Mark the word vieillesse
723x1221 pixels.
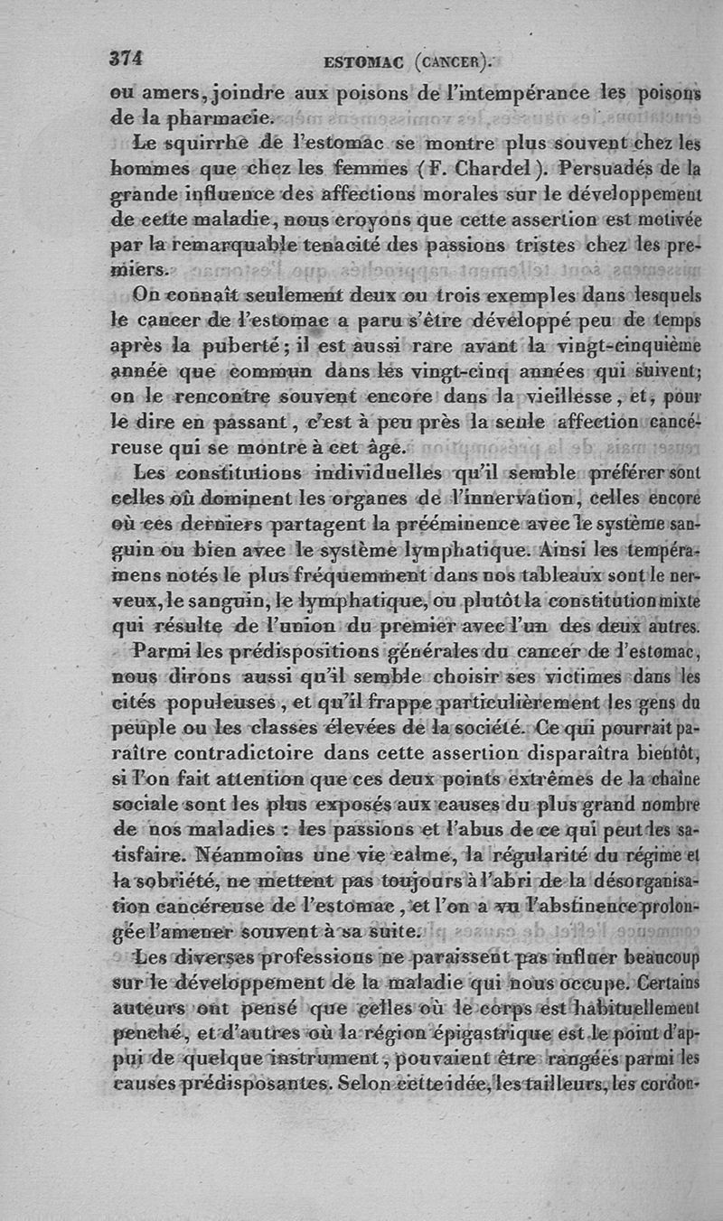(x=549, y=396)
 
